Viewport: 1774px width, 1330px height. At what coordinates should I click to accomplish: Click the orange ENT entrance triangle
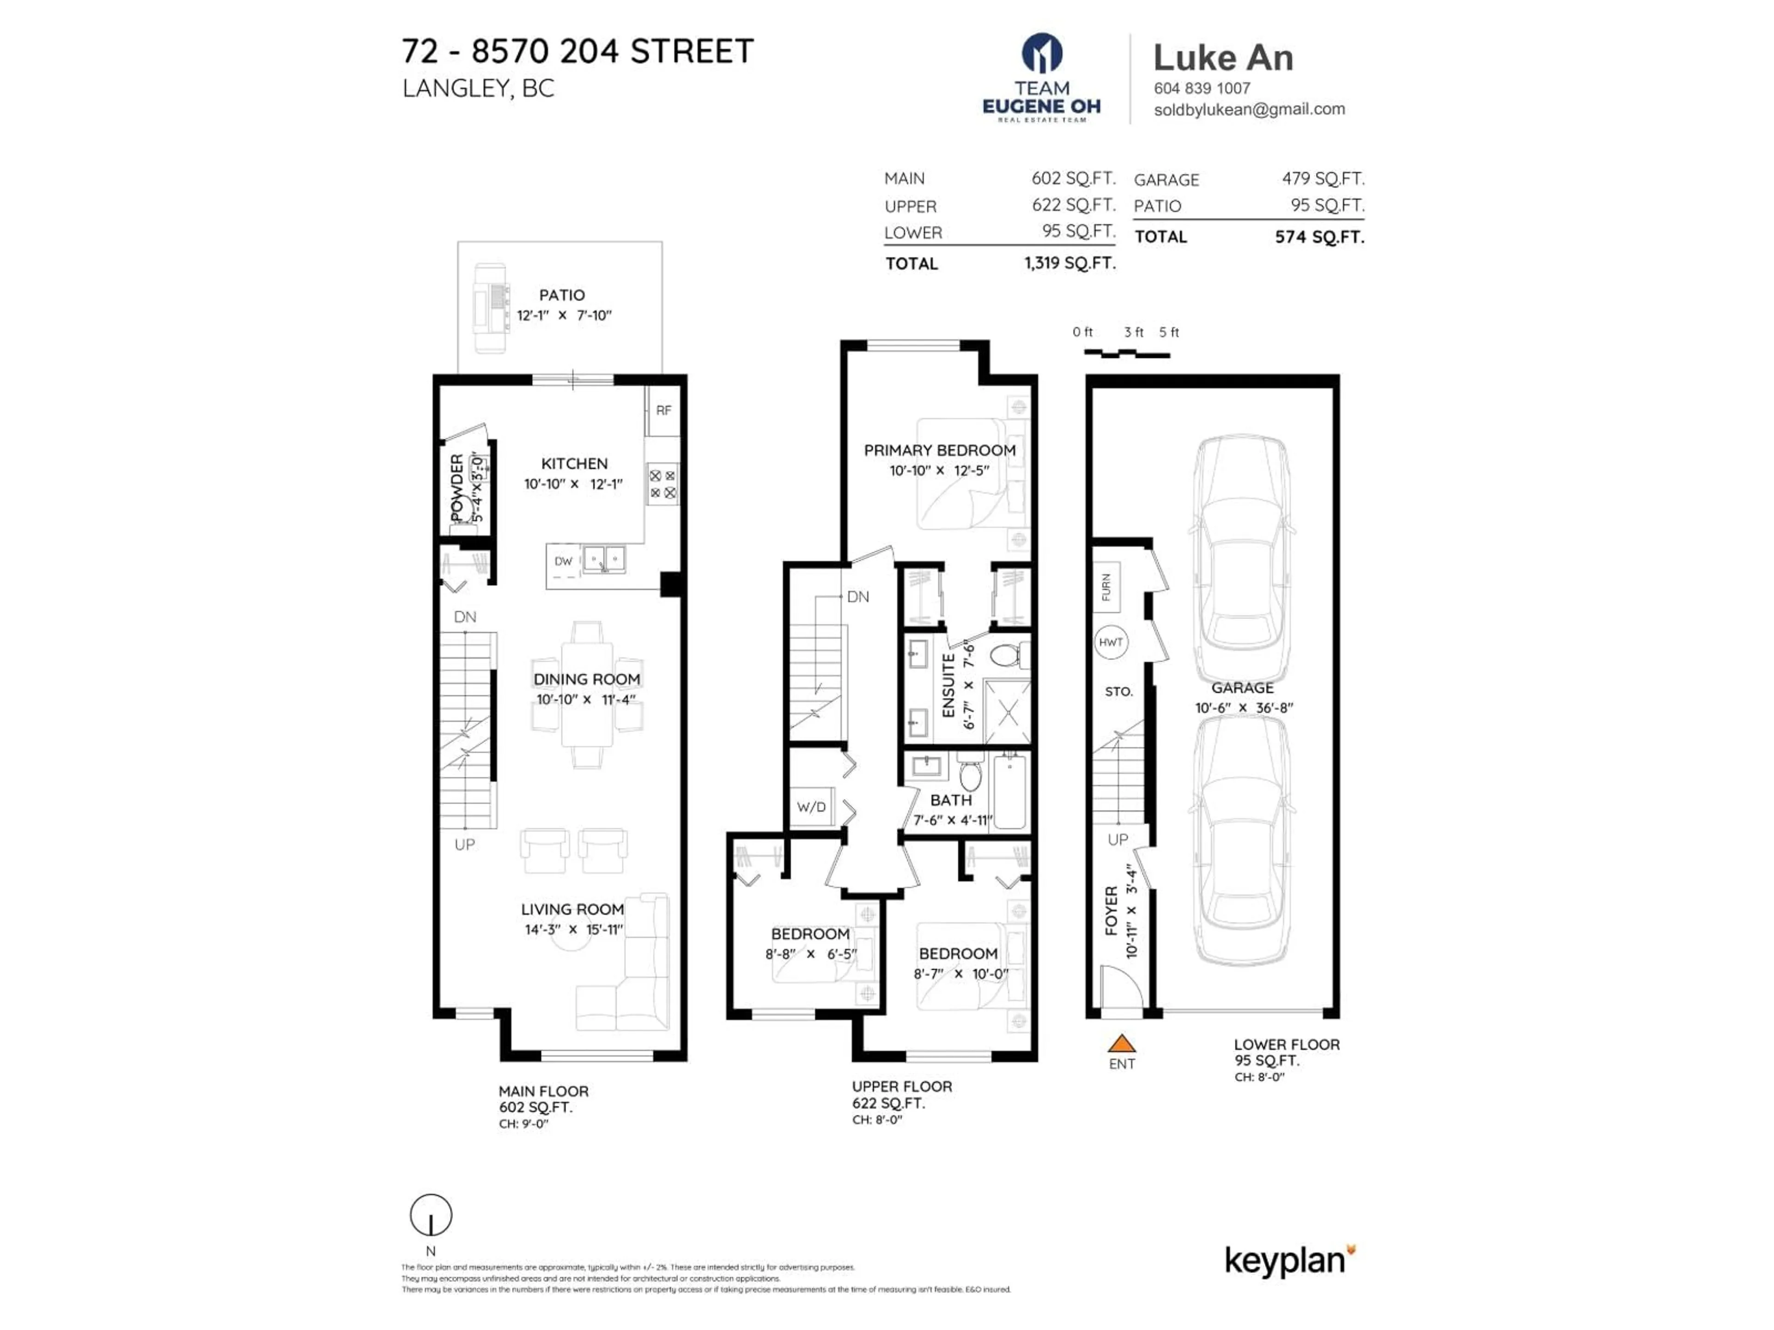pos(1121,1044)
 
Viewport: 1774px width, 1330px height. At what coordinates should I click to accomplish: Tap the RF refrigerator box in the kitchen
pos(663,411)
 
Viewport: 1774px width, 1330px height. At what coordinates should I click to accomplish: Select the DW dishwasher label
pos(564,561)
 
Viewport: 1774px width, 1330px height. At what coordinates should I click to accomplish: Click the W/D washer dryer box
pos(811,806)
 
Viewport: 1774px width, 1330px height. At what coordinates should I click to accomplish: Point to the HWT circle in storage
pos(1111,642)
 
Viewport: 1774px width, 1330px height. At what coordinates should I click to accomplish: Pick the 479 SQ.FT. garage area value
pos(1323,179)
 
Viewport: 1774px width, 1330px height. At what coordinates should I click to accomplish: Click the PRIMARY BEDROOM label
pos(939,451)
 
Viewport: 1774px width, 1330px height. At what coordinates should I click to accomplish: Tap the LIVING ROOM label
pos(572,909)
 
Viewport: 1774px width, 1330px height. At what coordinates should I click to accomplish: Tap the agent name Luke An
pos(1223,58)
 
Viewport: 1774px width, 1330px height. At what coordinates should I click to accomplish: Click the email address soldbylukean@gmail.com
pos(1249,109)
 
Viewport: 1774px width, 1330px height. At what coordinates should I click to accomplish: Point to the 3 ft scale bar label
pos(1133,332)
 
